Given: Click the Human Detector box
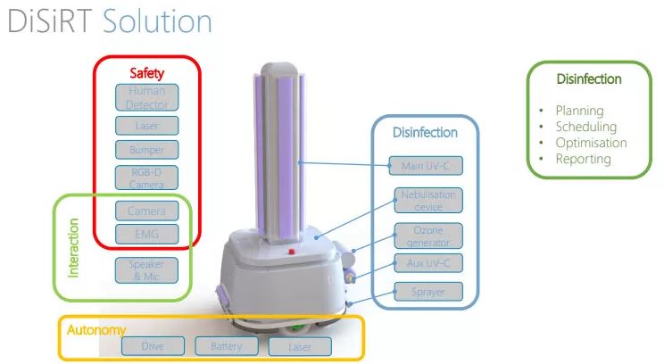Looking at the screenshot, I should pos(146,97).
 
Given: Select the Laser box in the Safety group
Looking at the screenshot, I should pos(146,126).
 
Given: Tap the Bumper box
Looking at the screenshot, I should pos(146,150).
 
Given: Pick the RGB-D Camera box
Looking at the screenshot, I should pos(146,177).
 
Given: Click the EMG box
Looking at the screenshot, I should pos(146,235).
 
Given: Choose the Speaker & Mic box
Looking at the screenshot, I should pos(146,269).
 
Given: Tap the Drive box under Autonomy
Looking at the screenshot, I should pos(151,346).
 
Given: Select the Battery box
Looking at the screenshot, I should pos(226,346).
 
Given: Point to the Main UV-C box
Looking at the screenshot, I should pos(426,166).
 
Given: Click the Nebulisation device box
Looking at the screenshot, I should pos(428,201).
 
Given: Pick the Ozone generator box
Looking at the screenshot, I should pos(428,236).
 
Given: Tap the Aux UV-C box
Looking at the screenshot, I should pos(428,263).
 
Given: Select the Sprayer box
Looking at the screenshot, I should pos(428,291).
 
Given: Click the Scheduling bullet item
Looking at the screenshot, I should pos(585,127).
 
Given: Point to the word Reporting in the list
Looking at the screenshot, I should pos(583,159).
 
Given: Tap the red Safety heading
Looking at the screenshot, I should pos(147,73).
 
